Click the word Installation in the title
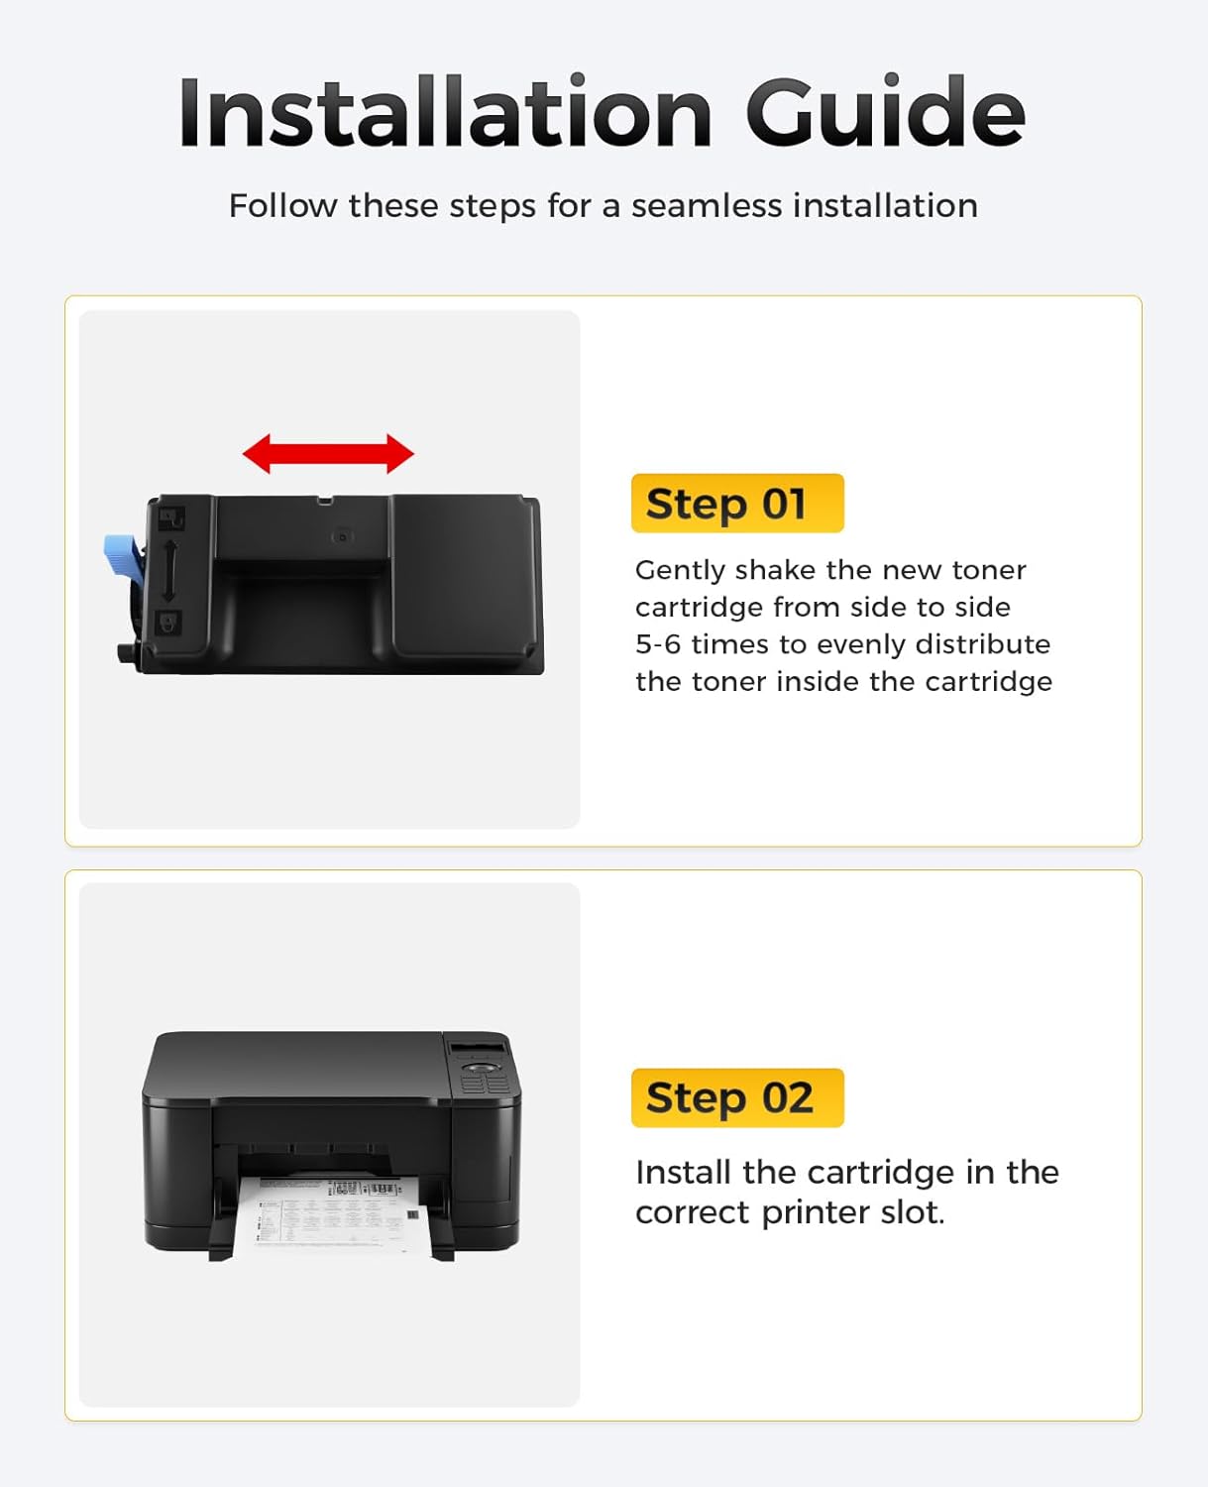(x=445, y=113)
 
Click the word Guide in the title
(x=885, y=113)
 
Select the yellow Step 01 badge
(x=737, y=504)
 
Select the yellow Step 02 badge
(x=737, y=1097)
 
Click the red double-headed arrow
(x=328, y=454)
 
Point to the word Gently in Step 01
(x=680, y=571)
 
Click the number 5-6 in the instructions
(x=658, y=644)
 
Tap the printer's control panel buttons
(x=485, y=1076)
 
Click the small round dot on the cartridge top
(x=343, y=536)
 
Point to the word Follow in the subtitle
(x=283, y=206)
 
